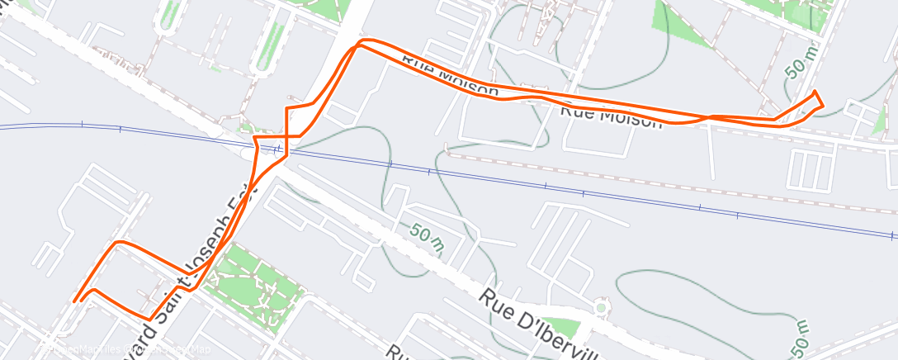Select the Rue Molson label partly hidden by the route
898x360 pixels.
click(x=450, y=75)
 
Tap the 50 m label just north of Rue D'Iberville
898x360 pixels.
click(x=426, y=238)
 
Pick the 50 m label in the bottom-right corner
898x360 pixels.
click(x=800, y=334)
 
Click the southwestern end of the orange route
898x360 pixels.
click(x=74, y=301)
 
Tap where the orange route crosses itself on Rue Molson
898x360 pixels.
click(x=706, y=118)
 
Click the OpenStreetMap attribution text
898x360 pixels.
click(x=124, y=350)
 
